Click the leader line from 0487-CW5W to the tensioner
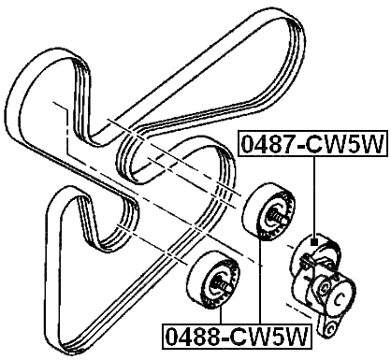tap(315, 196)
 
